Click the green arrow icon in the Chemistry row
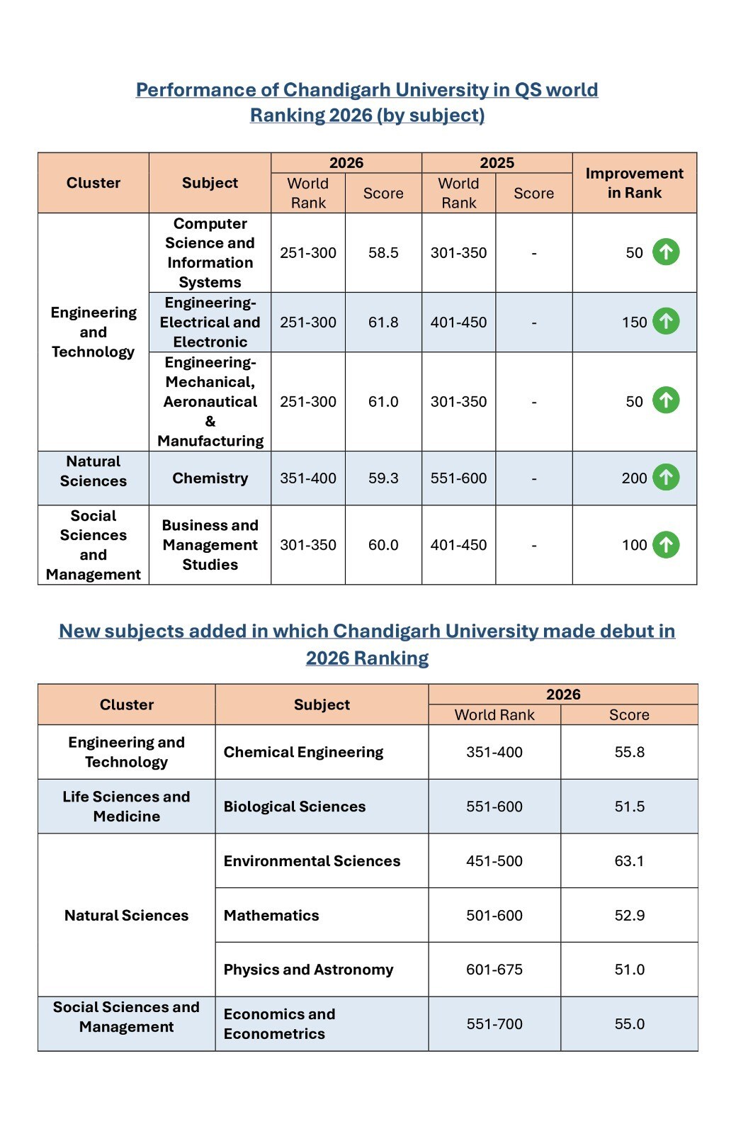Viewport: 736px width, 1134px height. (666, 477)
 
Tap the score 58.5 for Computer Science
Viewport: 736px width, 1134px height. (383, 253)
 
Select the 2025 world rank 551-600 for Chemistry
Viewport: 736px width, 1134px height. (458, 478)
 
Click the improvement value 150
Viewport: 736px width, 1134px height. (634, 322)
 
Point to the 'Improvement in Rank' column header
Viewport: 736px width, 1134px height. (634, 183)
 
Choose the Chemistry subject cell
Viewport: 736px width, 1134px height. (210, 478)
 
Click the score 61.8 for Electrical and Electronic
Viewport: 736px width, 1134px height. (383, 322)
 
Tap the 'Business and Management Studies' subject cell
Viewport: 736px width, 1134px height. (210, 545)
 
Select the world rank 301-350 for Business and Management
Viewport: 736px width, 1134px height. (308, 545)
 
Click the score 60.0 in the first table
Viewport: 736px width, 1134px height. (383, 545)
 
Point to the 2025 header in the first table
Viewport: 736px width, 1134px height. (497, 163)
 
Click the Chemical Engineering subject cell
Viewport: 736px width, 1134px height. (303, 752)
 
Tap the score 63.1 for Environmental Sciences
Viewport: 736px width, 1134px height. (629, 861)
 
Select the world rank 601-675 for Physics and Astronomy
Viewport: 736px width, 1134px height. (494, 970)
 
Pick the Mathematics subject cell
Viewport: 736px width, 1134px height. (271, 916)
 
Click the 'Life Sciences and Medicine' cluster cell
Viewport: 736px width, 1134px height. (126, 807)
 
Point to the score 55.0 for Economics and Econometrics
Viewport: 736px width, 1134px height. (629, 1024)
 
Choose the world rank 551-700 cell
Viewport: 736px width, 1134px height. (494, 1024)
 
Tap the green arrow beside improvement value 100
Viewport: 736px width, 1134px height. (666, 545)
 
